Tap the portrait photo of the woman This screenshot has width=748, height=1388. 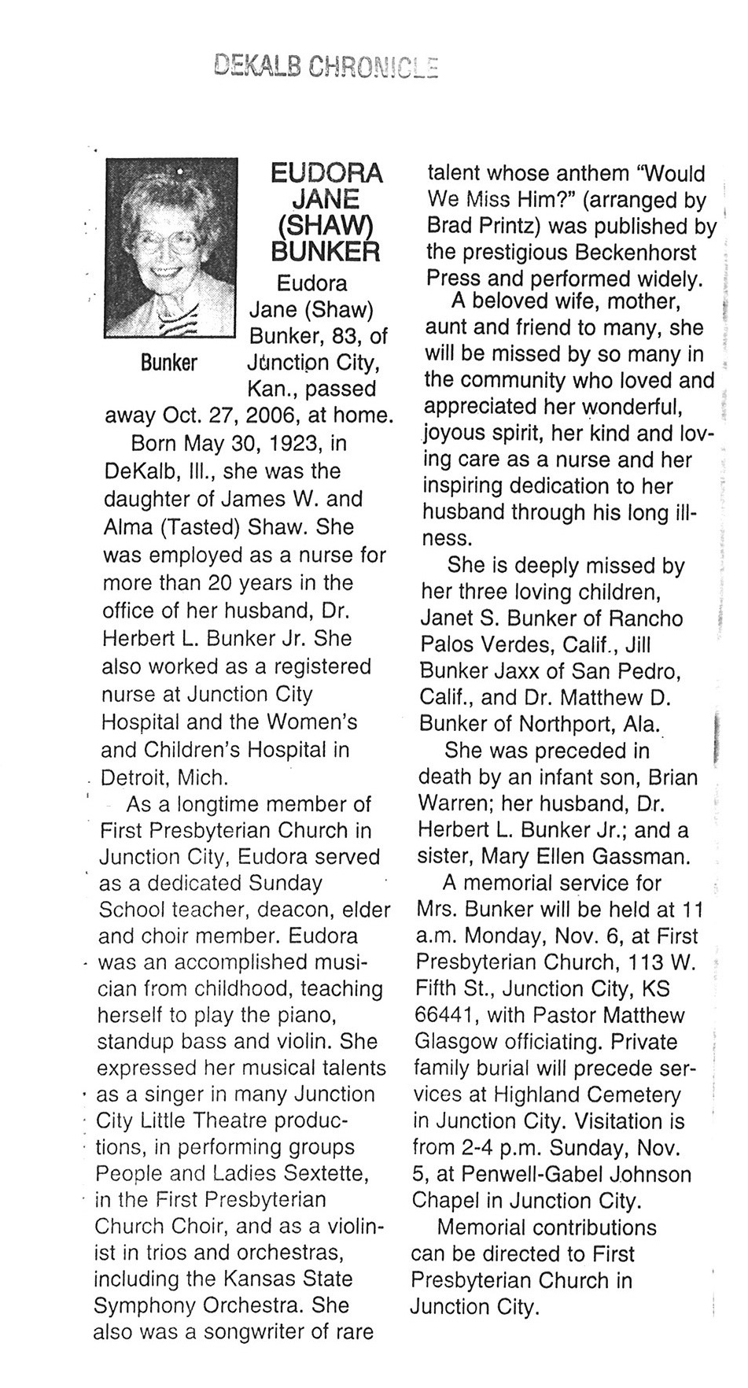(171, 248)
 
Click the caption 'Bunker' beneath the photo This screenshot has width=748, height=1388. (168, 364)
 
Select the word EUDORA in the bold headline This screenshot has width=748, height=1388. (326, 173)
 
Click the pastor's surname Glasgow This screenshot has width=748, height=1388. (455, 1042)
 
